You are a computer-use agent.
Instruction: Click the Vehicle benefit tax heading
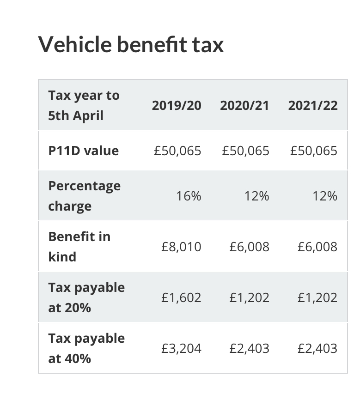click(131, 45)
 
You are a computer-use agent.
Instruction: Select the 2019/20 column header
click(177, 105)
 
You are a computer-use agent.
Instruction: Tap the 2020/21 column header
click(244, 105)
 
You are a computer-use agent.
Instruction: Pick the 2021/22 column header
click(313, 105)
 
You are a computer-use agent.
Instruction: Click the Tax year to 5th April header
click(84, 105)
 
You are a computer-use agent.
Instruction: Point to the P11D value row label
click(83, 151)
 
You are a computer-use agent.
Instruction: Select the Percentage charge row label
click(84, 196)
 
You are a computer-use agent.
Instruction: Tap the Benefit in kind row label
click(79, 246)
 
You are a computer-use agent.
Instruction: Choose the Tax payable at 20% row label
click(86, 297)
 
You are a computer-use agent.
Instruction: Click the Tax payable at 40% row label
click(86, 348)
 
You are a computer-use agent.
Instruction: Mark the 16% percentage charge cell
click(189, 196)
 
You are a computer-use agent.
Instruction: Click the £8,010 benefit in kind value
click(181, 247)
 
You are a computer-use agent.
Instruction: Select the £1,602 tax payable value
click(181, 297)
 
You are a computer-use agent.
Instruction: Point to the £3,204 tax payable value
click(181, 348)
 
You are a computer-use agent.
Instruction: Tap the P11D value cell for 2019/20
click(177, 151)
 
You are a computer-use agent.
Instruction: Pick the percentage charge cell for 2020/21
click(256, 196)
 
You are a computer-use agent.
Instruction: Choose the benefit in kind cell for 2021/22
click(317, 247)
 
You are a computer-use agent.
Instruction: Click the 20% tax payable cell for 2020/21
click(249, 297)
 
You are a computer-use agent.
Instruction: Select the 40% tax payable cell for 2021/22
click(317, 348)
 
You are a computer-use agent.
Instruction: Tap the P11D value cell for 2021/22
click(314, 151)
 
